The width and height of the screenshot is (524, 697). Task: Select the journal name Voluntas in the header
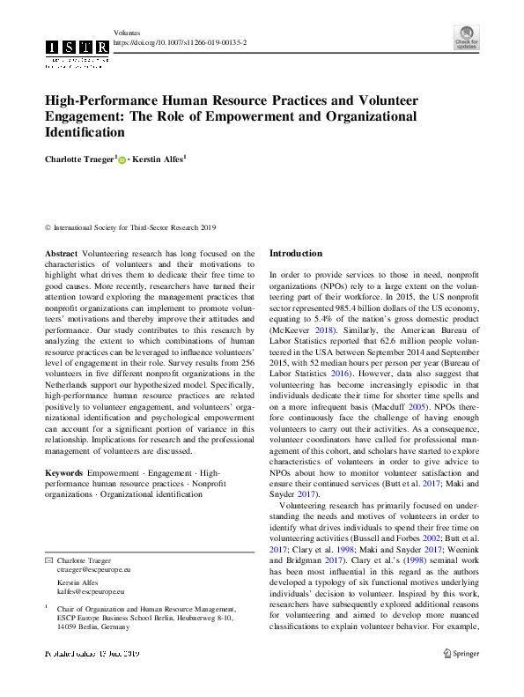coord(128,31)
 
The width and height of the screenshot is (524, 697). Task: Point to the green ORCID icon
coord(122,159)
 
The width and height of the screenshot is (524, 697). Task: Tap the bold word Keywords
coord(64,473)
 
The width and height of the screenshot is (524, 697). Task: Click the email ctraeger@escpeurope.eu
coord(93,571)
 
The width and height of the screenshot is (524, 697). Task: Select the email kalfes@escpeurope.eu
coord(91,593)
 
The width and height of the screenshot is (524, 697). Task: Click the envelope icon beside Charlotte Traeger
coord(48,560)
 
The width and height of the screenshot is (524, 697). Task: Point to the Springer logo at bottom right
coord(461,653)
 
